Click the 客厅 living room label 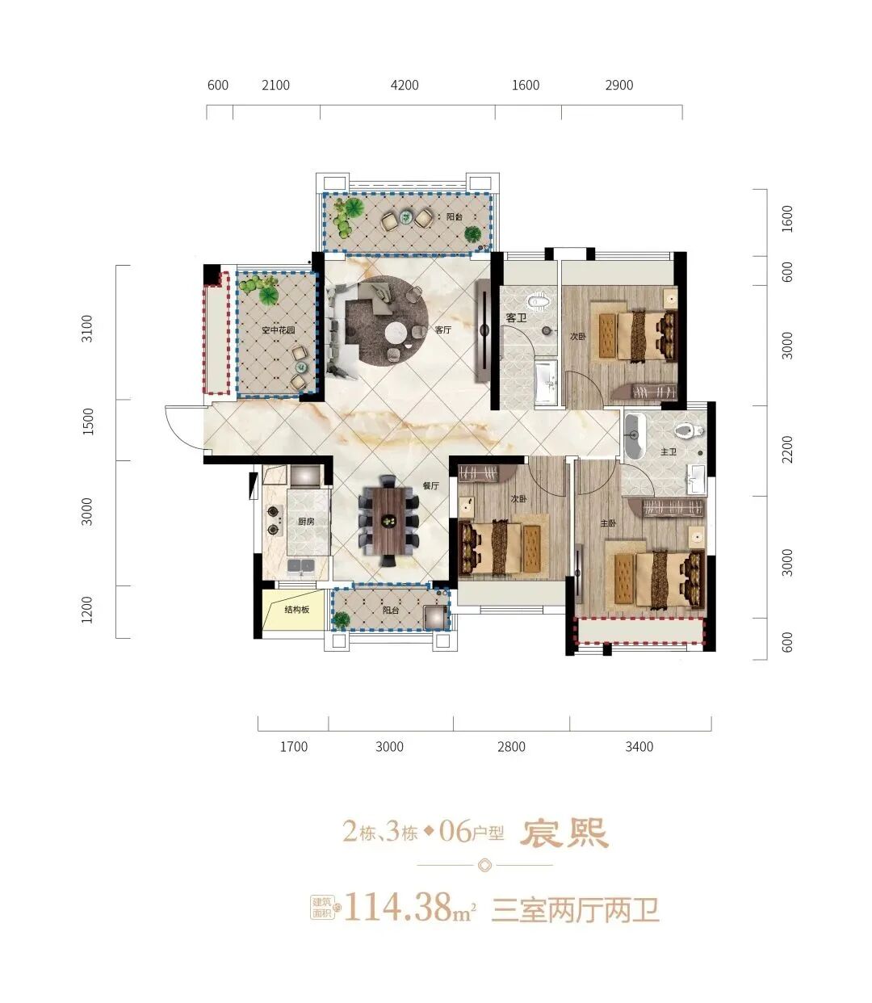click(442, 330)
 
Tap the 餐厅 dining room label click(430, 486)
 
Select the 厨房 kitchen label click(305, 522)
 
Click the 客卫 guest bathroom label click(516, 318)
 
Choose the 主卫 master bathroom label click(668, 452)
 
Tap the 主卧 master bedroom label click(608, 523)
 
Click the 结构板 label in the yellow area click(296, 610)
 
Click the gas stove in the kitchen click(272, 520)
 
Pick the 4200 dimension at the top click(405, 86)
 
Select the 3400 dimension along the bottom click(639, 747)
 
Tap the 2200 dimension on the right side click(787, 449)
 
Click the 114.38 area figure click(397, 908)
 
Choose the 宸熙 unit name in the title click(564, 833)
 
